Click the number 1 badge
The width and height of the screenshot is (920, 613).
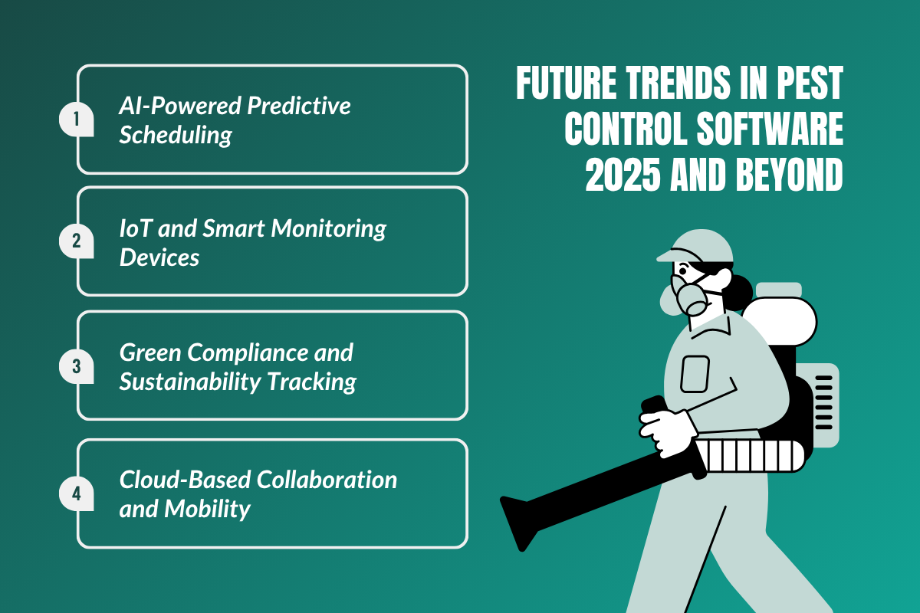coord(76,120)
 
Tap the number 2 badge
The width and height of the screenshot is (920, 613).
coord(76,241)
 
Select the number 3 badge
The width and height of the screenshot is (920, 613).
coord(76,366)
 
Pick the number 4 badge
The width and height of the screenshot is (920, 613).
coord(76,493)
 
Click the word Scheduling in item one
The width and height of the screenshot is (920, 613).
coord(176,135)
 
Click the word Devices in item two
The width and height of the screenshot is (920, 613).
coord(159,257)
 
